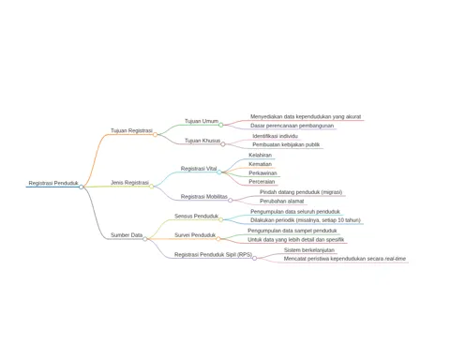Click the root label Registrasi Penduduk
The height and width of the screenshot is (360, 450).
(x=53, y=183)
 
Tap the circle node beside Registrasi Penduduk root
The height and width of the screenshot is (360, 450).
(x=82, y=187)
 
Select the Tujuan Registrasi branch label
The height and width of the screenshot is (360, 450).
(x=131, y=130)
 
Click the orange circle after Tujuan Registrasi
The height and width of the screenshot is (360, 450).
(x=155, y=134)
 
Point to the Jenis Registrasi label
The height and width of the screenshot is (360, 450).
(x=129, y=183)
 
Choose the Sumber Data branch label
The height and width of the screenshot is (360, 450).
(x=127, y=235)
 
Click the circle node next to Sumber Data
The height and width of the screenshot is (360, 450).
(x=145, y=239)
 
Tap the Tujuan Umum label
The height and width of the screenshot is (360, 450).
(x=202, y=121)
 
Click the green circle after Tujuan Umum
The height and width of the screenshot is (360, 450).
(x=221, y=125)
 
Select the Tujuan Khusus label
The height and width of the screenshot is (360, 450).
(x=202, y=141)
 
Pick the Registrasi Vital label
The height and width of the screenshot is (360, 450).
(x=199, y=169)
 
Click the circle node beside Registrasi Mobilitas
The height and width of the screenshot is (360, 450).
(x=231, y=201)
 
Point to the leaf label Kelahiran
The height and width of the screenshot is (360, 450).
(x=261, y=155)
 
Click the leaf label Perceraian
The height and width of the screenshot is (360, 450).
(x=262, y=182)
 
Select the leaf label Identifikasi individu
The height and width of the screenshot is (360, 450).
(x=276, y=136)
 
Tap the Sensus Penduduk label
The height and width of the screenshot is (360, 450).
(x=197, y=217)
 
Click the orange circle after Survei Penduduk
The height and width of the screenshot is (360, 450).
(x=218, y=239)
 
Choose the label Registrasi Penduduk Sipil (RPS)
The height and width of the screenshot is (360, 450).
(x=213, y=255)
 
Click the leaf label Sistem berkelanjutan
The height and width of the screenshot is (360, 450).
(x=309, y=250)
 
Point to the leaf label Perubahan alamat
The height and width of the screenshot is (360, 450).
(x=282, y=202)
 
